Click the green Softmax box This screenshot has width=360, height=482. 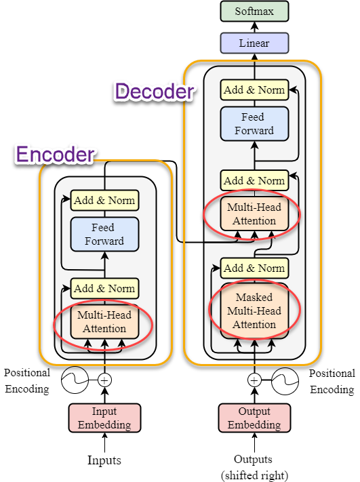click(x=254, y=12)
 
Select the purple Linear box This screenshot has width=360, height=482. click(x=254, y=43)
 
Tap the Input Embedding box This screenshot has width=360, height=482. click(x=104, y=418)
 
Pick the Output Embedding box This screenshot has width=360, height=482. click(x=254, y=418)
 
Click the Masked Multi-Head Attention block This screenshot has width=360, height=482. click(x=254, y=310)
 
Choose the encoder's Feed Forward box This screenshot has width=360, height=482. click(x=104, y=235)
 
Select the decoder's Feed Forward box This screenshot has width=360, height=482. click(x=254, y=123)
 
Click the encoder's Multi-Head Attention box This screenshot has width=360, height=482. click(x=104, y=321)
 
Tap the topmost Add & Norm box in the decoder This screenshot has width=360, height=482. click(x=254, y=89)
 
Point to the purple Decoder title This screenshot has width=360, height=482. click(x=155, y=92)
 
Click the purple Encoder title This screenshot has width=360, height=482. click(x=56, y=155)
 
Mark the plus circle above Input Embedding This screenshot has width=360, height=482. click(x=104, y=380)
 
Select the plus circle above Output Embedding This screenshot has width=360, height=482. click(x=254, y=380)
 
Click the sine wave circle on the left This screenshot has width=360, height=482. click(x=75, y=380)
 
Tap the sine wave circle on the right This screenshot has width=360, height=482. click(x=285, y=381)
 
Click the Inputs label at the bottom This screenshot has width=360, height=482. click(x=104, y=460)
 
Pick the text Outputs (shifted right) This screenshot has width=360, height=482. click(x=254, y=467)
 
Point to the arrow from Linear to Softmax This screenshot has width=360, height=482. click(x=254, y=27)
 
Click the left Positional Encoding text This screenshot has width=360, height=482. click(x=27, y=381)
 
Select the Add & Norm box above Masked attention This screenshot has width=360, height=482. click(x=254, y=268)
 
